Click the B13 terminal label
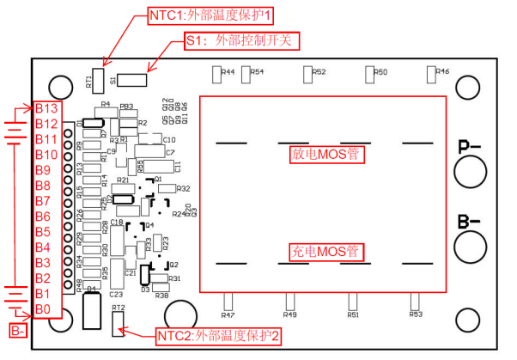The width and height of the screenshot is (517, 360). [x=46, y=109]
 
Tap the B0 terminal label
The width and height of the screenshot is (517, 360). [x=43, y=309]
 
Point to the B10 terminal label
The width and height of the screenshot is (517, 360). [x=46, y=155]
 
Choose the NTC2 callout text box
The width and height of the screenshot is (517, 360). [x=218, y=336]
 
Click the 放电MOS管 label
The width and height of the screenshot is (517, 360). [x=324, y=155]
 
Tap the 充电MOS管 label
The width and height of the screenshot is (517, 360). [x=324, y=253]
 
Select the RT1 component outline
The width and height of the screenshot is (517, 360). [x=99, y=81]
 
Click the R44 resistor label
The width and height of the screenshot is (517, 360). [x=228, y=72]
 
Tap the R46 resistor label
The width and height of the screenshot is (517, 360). [x=442, y=71]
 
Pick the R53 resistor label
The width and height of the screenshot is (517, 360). [x=416, y=315]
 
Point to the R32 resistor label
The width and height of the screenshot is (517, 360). [x=182, y=188]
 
